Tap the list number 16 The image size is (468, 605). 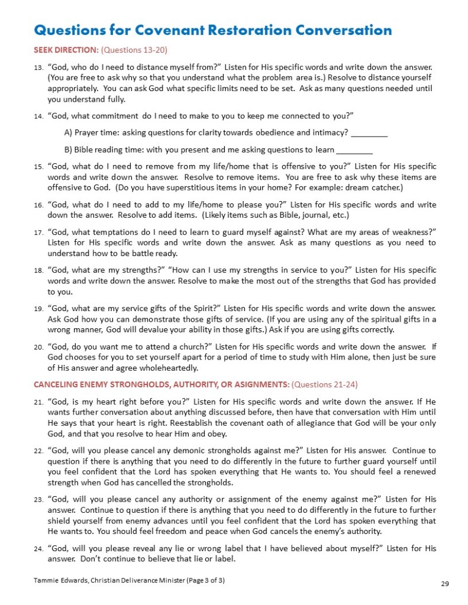pos(37,205)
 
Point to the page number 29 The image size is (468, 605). pos(446,584)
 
